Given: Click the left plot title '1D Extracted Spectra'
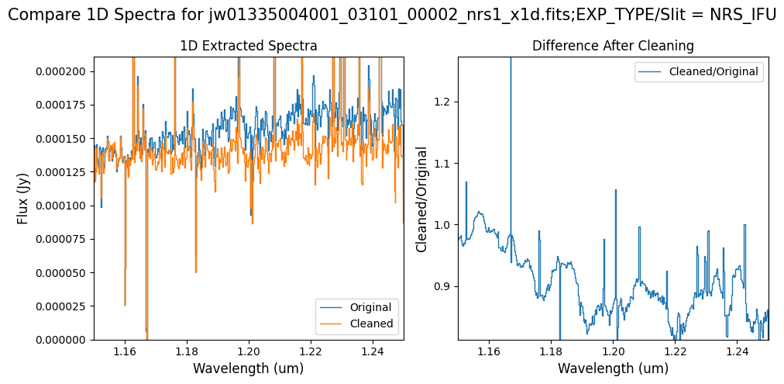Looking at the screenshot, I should (x=248, y=46).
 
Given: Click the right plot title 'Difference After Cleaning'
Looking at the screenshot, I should (x=613, y=46).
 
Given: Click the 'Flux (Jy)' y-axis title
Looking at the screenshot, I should (x=22, y=198).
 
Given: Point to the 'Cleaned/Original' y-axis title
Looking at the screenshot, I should (x=422, y=198).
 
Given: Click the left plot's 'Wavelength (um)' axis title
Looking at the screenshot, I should (x=248, y=368).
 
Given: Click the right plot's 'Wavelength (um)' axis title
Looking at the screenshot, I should (x=613, y=368).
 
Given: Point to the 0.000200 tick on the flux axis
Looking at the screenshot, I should (x=65, y=71).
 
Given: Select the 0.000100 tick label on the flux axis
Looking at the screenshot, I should (x=65, y=206).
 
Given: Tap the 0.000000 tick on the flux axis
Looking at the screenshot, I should (x=65, y=340).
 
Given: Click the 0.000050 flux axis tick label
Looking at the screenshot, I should (x=65, y=272).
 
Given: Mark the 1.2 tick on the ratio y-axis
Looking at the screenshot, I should (x=444, y=102).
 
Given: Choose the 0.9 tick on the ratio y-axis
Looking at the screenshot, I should (x=444, y=286).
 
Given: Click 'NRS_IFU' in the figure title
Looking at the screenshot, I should (x=743, y=14).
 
